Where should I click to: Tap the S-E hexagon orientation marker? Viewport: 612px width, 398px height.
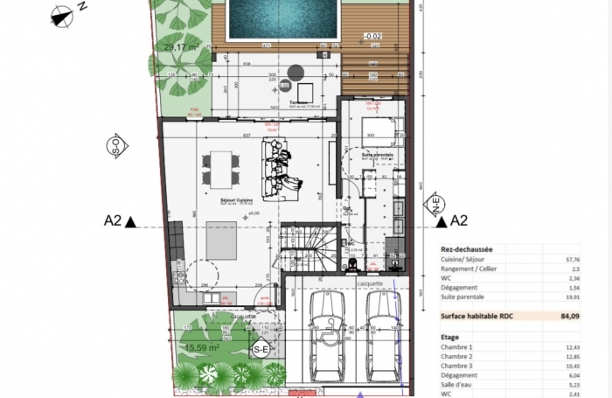coord(261,350)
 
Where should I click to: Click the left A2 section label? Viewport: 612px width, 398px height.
coord(112,221)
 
